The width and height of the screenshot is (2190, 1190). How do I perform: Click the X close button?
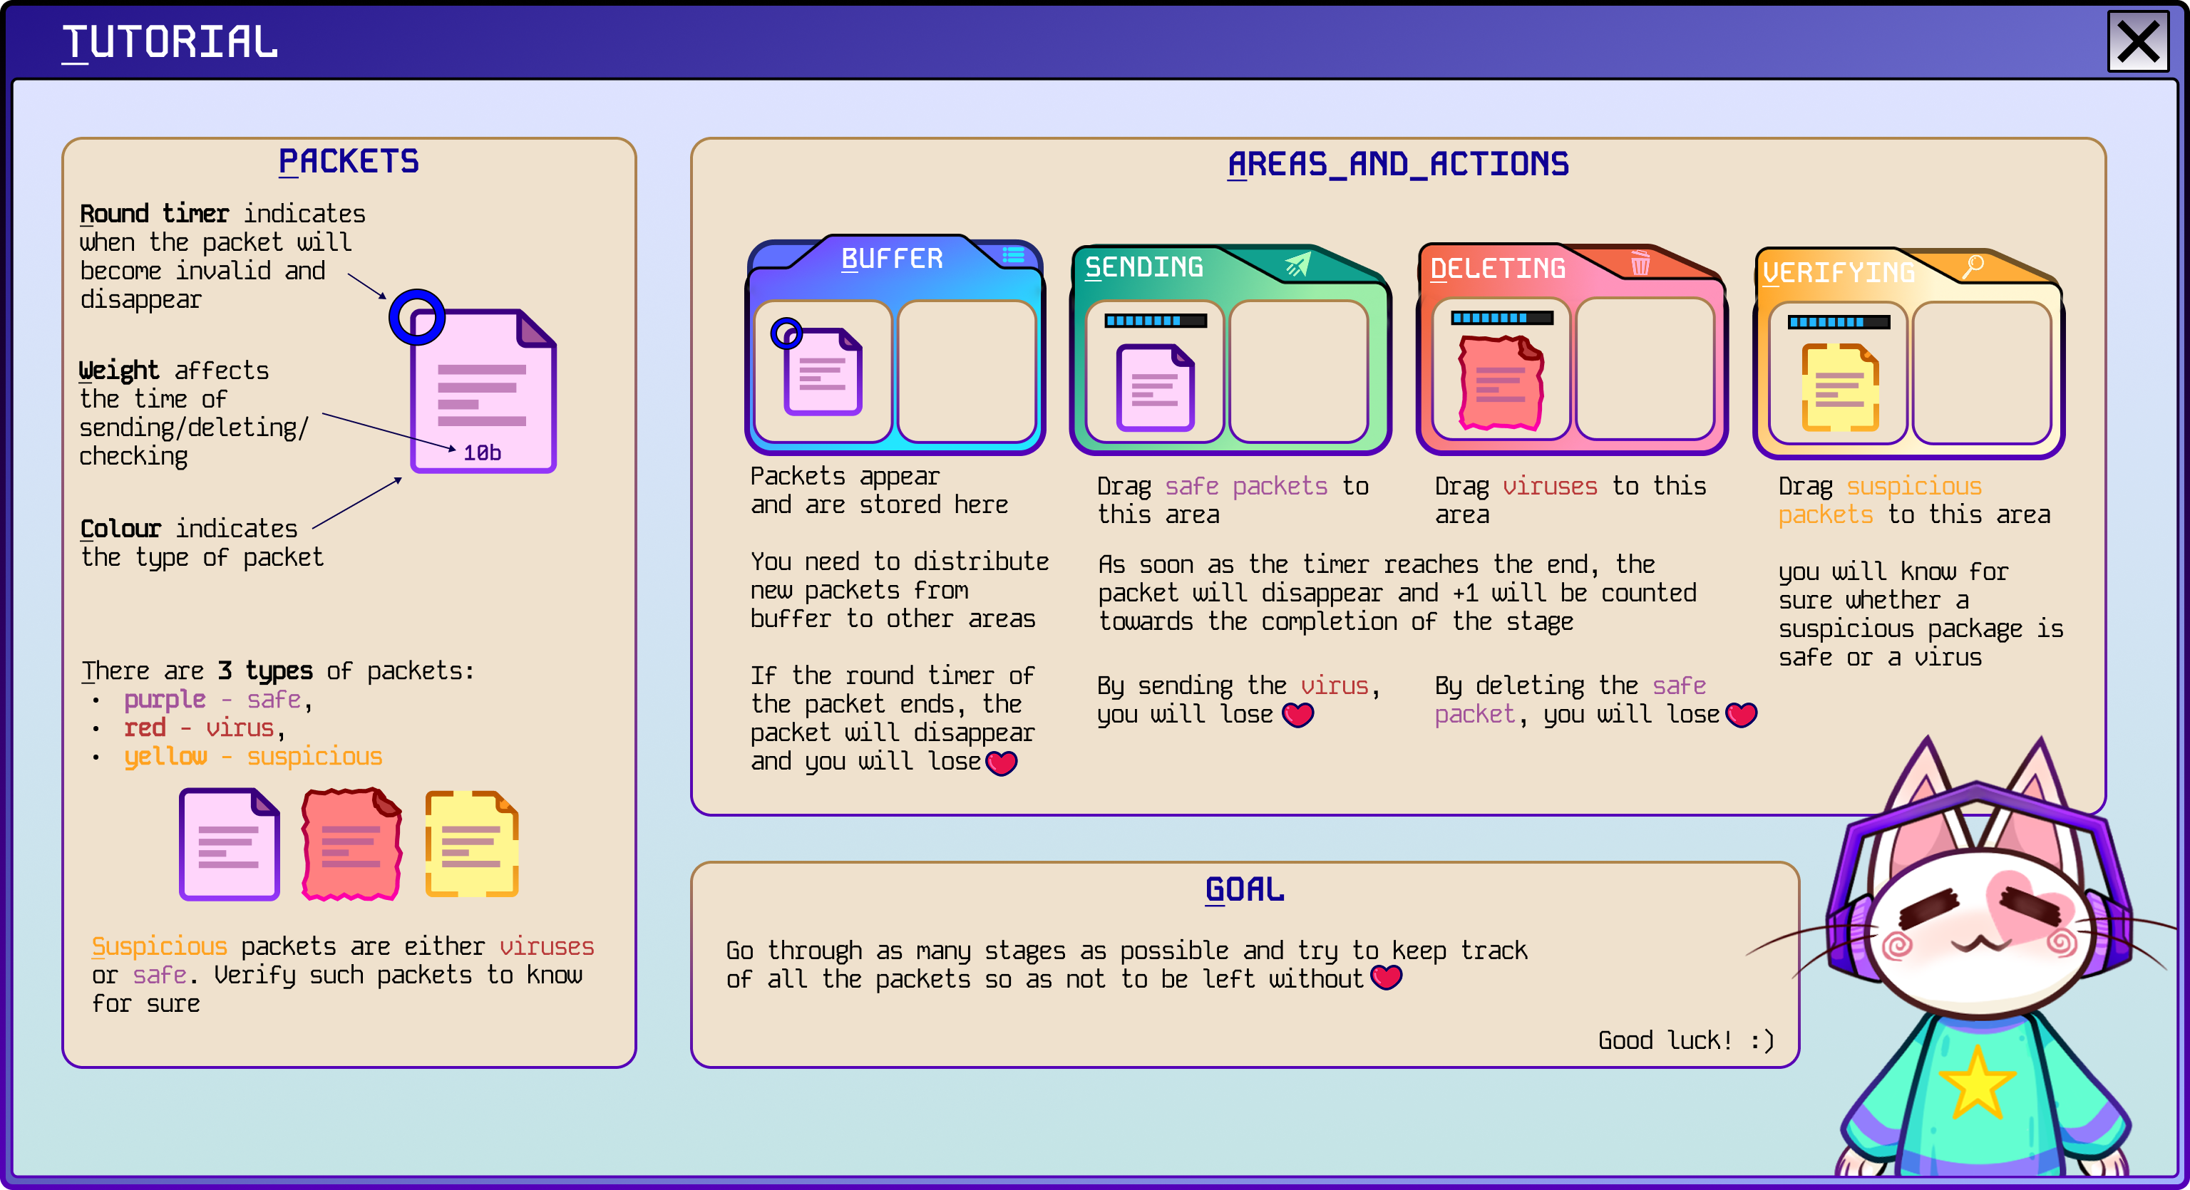pyautogui.click(x=2138, y=41)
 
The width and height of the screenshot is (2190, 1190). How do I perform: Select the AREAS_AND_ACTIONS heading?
pyautogui.click(x=1399, y=164)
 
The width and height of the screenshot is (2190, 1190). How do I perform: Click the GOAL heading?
pyautogui.click(x=1245, y=890)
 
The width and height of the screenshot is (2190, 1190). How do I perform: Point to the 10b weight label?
pyautogui.click(x=482, y=453)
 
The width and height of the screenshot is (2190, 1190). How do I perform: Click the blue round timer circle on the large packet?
pyautogui.click(x=416, y=317)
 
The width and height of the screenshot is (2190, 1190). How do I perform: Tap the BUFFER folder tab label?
pyautogui.click(x=892, y=259)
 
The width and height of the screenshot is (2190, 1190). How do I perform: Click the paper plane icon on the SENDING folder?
pyautogui.click(x=1297, y=264)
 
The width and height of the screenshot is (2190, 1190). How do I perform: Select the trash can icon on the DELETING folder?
pyautogui.click(x=1640, y=264)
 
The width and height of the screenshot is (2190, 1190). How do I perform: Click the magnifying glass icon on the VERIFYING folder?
pyautogui.click(x=1973, y=266)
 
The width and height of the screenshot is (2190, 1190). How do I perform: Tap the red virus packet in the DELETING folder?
pyautogui.click(x=1501, y=383)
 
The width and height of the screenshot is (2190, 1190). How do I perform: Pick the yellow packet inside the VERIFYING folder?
pyautogui.click(x=1841, y=388)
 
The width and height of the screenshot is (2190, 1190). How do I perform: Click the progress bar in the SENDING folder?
pyautogui.click(x=1156, y=321)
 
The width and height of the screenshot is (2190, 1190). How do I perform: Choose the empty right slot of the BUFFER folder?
pyautogui.click(x=967, y=371)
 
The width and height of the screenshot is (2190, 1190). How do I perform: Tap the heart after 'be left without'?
pyautogui.click(x=1387, y=978)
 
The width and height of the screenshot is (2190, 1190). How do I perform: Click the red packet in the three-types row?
pyautogui.click(x=351, y=844)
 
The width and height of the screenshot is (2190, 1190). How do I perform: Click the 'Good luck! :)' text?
pyautogui.click(x=1686, y=1040)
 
